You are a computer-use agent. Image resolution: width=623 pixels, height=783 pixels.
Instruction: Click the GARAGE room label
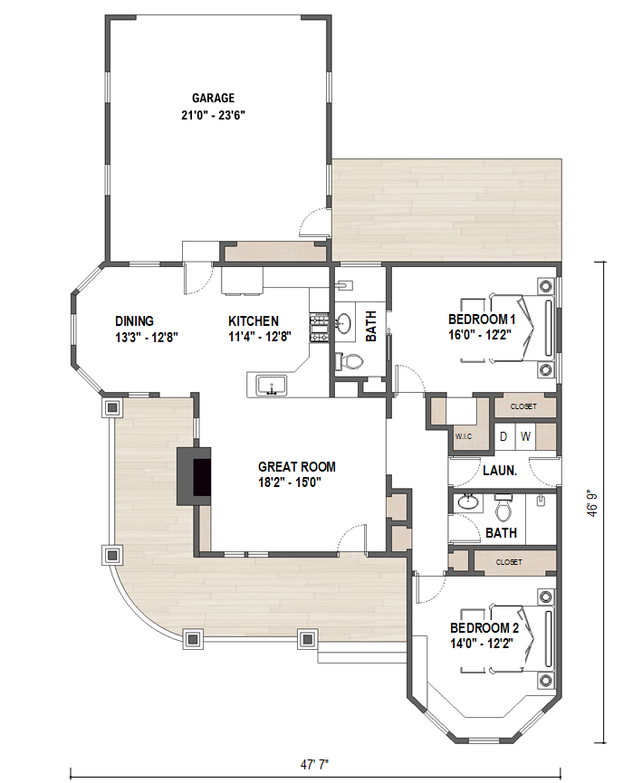coord(214,98)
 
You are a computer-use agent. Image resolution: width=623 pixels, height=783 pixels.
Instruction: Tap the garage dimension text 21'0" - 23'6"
coord(214,115)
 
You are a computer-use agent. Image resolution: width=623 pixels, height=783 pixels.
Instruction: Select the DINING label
coord(134,321)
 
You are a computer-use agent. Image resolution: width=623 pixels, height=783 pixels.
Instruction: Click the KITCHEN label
coord(254,321)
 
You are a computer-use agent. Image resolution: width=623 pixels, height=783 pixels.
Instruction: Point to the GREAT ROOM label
coord(297,467)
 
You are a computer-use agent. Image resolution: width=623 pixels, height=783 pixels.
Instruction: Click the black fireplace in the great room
coord(202,477)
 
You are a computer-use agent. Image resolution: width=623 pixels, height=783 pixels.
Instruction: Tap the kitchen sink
coord(272,387)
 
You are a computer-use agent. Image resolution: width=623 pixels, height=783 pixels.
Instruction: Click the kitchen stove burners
coord(319,328)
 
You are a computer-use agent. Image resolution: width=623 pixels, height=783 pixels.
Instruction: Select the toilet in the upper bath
coord(350,360)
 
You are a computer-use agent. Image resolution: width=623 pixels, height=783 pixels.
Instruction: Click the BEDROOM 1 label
coord(482,320)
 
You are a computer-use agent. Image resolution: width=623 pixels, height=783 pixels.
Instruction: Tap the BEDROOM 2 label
coord(484,627)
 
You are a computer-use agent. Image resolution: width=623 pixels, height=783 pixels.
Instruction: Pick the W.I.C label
coord(463,436)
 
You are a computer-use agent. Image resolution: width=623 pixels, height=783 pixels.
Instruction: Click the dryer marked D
coord(503,436)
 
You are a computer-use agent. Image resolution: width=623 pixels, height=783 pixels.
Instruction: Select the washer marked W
coord(525,436)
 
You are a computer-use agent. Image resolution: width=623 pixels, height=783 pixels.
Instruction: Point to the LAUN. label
coord(500,471)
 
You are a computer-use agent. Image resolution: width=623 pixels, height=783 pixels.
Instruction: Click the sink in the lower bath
coord(467,502)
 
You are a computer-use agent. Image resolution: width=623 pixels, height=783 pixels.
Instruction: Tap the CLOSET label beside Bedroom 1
coord(523,406)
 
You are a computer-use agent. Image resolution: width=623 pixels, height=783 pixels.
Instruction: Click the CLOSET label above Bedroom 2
coord(509,562)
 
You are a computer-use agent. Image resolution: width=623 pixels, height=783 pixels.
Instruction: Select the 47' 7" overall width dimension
coord(315,765)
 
